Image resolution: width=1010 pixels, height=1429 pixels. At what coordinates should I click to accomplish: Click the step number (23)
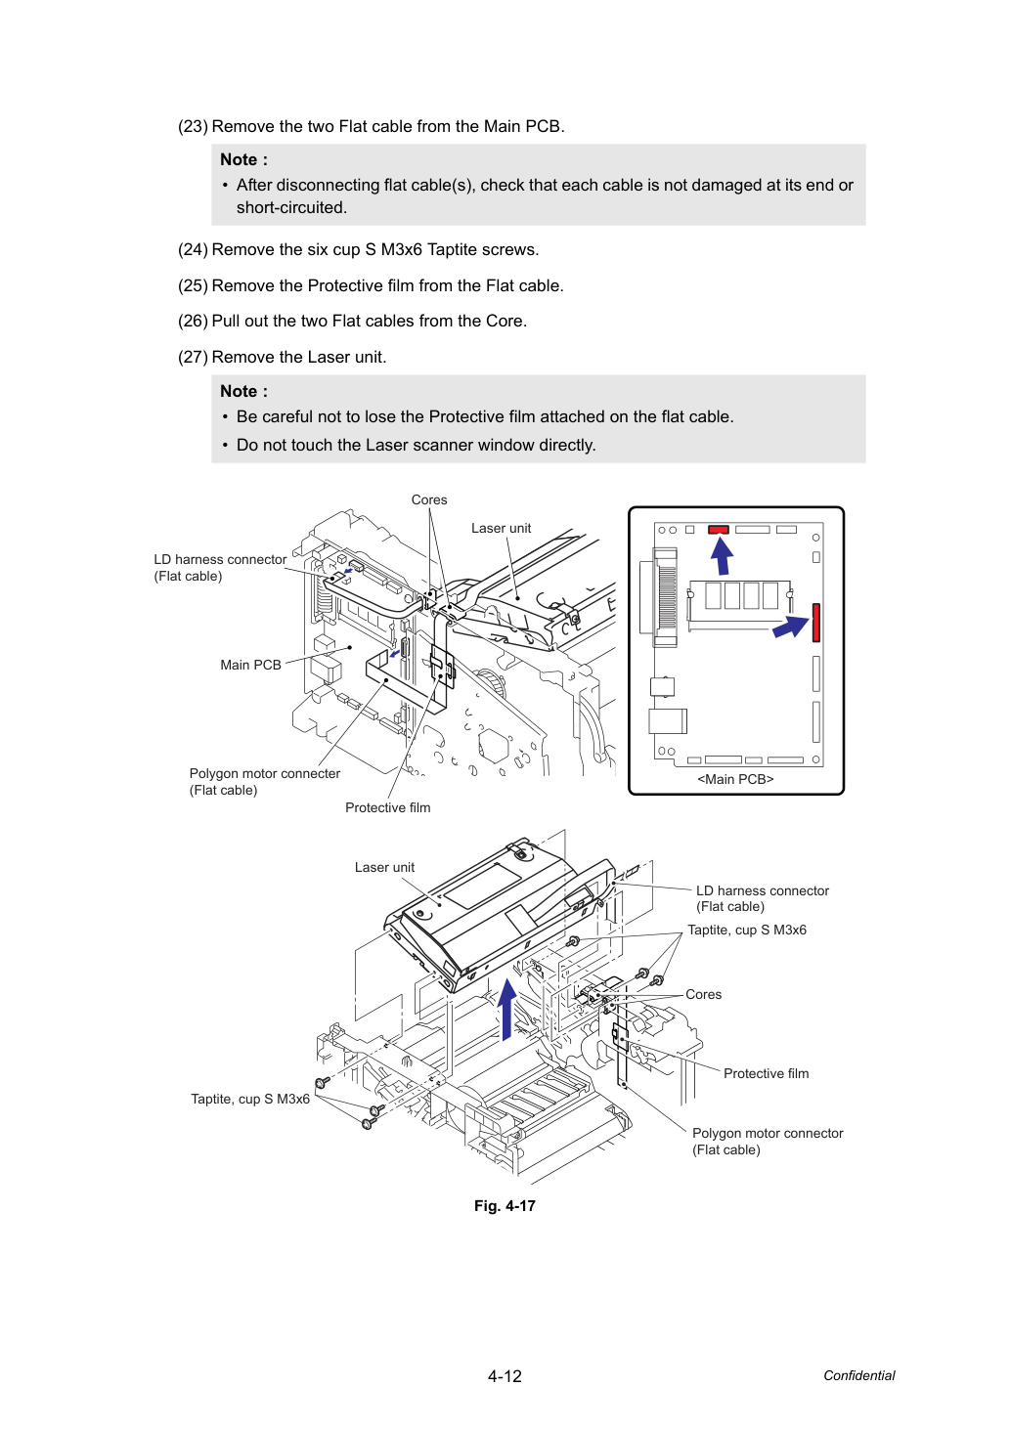pyautogui.click(x=193, y=126)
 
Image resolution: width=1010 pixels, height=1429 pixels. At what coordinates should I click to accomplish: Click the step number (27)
pyautogui.click(x=193, y=357)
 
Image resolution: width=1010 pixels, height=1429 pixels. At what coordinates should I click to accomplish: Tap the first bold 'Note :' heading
pyautogui.click(x=243, y=159)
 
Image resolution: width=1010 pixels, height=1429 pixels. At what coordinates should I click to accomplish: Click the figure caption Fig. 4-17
pyautogui.click(x=505, y=1206)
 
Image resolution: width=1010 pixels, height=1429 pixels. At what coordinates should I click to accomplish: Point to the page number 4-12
pyautogui.click(x=505, y=1376)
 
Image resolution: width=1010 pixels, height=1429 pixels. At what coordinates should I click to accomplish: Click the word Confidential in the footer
pyautogui.click(x=858, y=1375)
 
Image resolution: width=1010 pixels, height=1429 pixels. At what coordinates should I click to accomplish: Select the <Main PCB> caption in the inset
pyautogui.click(x=735, y=779)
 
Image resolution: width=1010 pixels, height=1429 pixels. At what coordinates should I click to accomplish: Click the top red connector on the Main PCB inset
pyautogui.click(x=719, y=530)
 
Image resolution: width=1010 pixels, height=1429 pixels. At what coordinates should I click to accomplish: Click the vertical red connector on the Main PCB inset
pyautogui.click(x=816, y=623)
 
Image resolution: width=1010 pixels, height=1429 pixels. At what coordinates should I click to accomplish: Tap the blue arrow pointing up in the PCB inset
pyautogui.click(x=722, y=556)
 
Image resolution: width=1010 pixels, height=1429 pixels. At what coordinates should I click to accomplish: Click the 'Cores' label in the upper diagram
pyautogui.click(x=429, y=499)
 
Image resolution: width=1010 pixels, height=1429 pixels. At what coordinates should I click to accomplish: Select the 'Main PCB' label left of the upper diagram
pyautogui.click(x=250, y=665)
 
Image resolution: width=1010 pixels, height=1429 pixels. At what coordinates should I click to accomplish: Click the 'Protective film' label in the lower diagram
pyautogui.click(x=766, y=1073)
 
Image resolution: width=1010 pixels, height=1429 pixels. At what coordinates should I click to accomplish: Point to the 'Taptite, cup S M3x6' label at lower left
pyautogui.click(x=250, y=1099)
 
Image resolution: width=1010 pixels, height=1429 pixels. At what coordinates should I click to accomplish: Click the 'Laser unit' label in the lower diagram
pyautogui.click(x=384, y=867)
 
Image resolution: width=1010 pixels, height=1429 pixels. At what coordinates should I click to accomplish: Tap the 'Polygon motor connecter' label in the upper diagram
pyautogui.click(x=265, y=773)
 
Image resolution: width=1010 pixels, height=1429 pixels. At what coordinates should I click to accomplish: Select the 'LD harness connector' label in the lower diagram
pyautogui.click(x=762, y=890)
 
